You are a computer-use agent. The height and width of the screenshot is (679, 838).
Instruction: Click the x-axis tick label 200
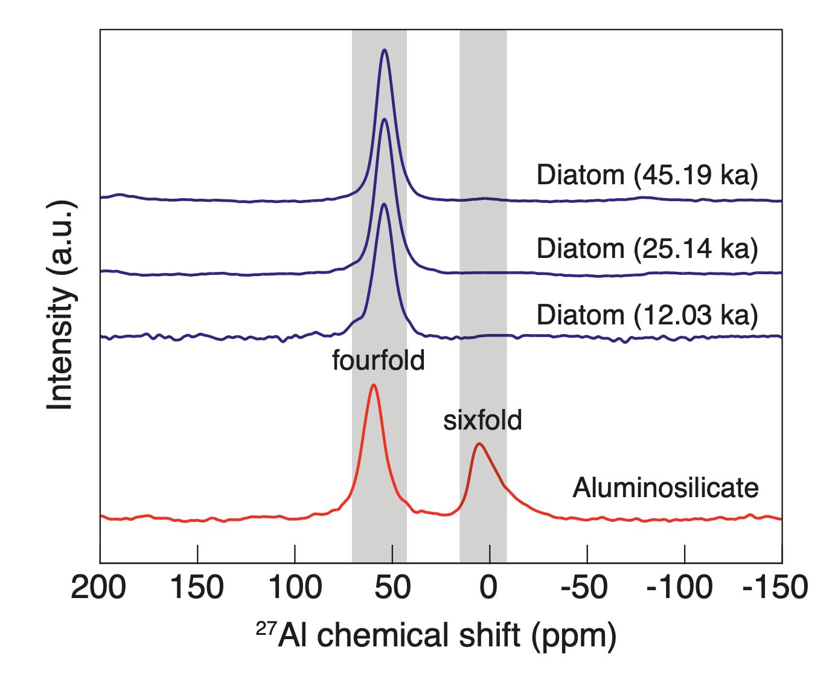(x=101, y=588)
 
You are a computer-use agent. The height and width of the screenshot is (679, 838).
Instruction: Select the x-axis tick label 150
(x=197, y=588)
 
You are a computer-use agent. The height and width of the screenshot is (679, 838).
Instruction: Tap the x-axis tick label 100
(x=295, y=588)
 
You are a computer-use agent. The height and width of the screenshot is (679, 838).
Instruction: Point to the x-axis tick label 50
(x=392, y=588)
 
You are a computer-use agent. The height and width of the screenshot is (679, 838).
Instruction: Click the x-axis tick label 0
(x=490, y=588)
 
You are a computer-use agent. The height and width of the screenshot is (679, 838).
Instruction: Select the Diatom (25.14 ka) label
(x=647, y=248)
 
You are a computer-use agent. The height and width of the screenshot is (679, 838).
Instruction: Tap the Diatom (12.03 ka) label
(x=647, y=315)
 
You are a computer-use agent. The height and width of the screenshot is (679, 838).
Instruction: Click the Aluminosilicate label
(x=665, y=487)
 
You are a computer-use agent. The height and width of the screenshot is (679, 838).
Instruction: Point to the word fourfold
(x=379, y=361)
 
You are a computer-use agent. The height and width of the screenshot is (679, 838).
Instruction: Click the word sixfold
(x=482, y=420)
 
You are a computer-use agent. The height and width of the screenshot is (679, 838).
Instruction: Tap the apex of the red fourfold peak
(x=374, y=385)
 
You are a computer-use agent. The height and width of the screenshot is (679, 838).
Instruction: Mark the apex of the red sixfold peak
(x=479, y=444)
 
